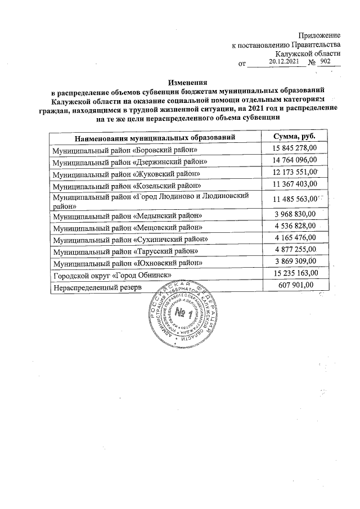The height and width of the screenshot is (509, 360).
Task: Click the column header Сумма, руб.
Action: (294, 137)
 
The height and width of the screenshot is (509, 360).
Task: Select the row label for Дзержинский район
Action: (130, 161)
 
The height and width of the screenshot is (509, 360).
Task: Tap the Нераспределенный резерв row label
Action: (97, 287)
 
